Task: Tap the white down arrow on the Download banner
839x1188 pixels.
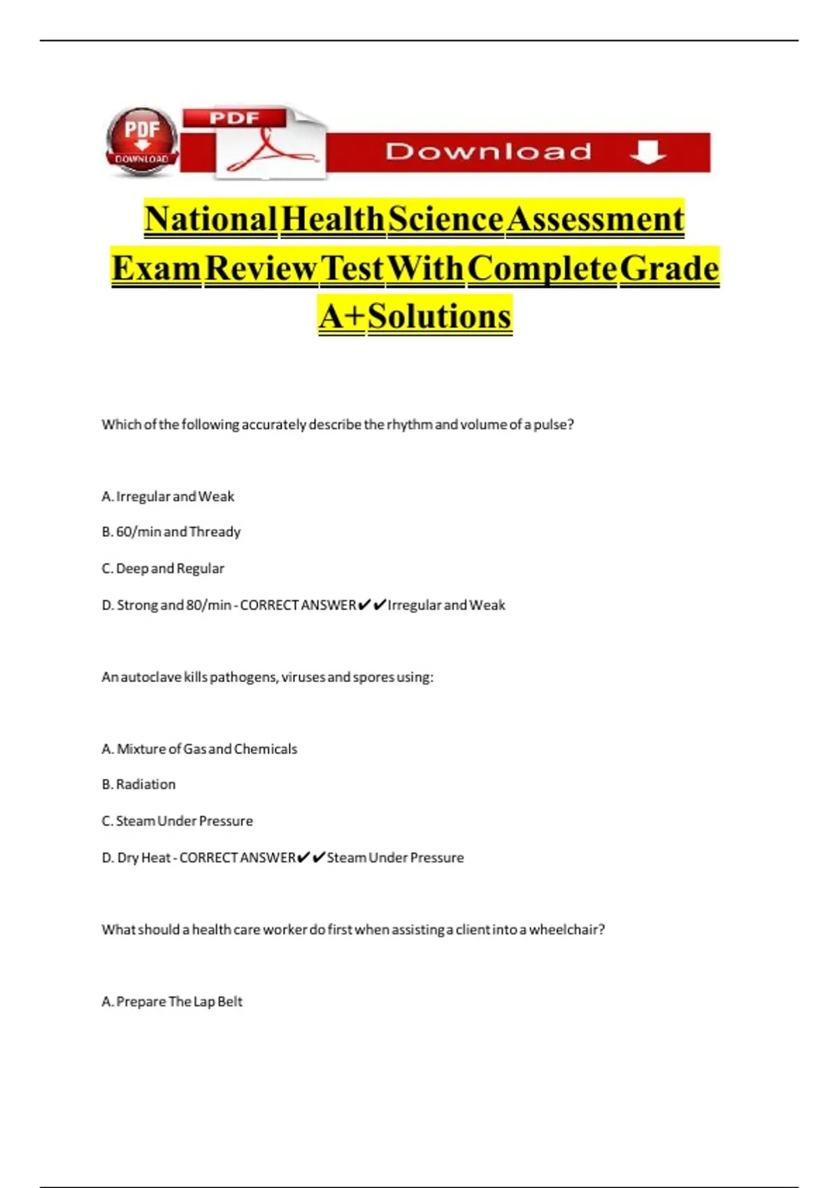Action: tap(647, 152)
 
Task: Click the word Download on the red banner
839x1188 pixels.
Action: tap(489, 152)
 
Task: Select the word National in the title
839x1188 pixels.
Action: tap(211, 219)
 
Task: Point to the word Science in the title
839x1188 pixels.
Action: tap(445, 219)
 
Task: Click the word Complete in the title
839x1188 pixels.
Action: tap(543, 268)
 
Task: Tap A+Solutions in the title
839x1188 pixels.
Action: tap(415, 316)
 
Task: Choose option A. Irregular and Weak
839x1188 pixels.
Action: tap(168, 497)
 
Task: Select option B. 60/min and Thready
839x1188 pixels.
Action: tap(171, 533)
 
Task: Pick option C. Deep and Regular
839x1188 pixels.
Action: tap(163, 569)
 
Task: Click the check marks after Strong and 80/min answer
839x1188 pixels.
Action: tap(371, 605)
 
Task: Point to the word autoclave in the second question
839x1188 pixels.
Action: tap(151, 677)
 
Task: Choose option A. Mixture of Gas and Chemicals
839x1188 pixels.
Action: tap(199, 749)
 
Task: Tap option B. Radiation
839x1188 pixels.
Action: tap(138, 785)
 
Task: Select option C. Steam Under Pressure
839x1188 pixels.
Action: tap(177, 821)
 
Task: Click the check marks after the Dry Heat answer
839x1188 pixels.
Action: tap(311, 857)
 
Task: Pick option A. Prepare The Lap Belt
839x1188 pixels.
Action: tap(172, 1002)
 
